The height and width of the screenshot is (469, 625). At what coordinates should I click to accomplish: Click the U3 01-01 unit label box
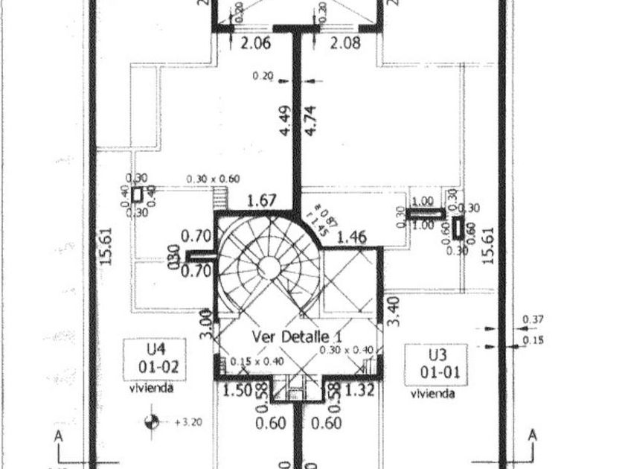point(435,364)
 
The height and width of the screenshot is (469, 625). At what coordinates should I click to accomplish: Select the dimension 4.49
point(286,121)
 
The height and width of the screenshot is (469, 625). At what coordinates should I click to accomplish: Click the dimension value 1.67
point(261,201)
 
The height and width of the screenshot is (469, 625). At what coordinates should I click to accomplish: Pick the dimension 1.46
point(352,238)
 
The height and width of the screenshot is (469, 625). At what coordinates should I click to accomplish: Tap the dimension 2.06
point(255,43)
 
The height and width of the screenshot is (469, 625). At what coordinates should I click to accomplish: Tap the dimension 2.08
point(345,43)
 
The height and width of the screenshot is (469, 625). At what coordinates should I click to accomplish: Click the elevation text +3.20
point(187,421)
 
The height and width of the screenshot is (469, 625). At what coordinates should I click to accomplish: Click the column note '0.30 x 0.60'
point(213,179)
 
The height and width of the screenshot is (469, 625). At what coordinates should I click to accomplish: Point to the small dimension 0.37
point(533,320)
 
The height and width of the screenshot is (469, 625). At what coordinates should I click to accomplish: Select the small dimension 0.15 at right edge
point(533,340)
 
